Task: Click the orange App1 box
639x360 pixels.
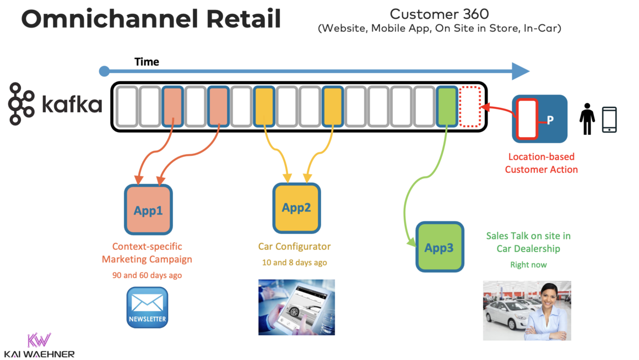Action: coord(148,210)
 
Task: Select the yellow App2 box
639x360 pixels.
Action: coord(296,208)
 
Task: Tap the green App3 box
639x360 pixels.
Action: coord(439,247)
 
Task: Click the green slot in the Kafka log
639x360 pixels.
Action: coord(447,106)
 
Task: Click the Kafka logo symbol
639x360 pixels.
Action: coord(23,104)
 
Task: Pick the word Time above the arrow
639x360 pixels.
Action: coord(147,62)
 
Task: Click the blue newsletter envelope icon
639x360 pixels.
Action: coord(147,307)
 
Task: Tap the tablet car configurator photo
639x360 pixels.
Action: coord(296,307)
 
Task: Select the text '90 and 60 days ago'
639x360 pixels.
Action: coord(147,275)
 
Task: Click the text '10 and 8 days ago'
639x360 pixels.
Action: coord(294,263)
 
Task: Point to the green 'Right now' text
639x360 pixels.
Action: coord(528,265)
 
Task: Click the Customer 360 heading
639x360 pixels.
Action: coord(439,14)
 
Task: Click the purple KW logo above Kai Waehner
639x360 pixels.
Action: coord(39,339)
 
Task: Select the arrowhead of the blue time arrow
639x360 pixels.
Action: coord(520,71)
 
